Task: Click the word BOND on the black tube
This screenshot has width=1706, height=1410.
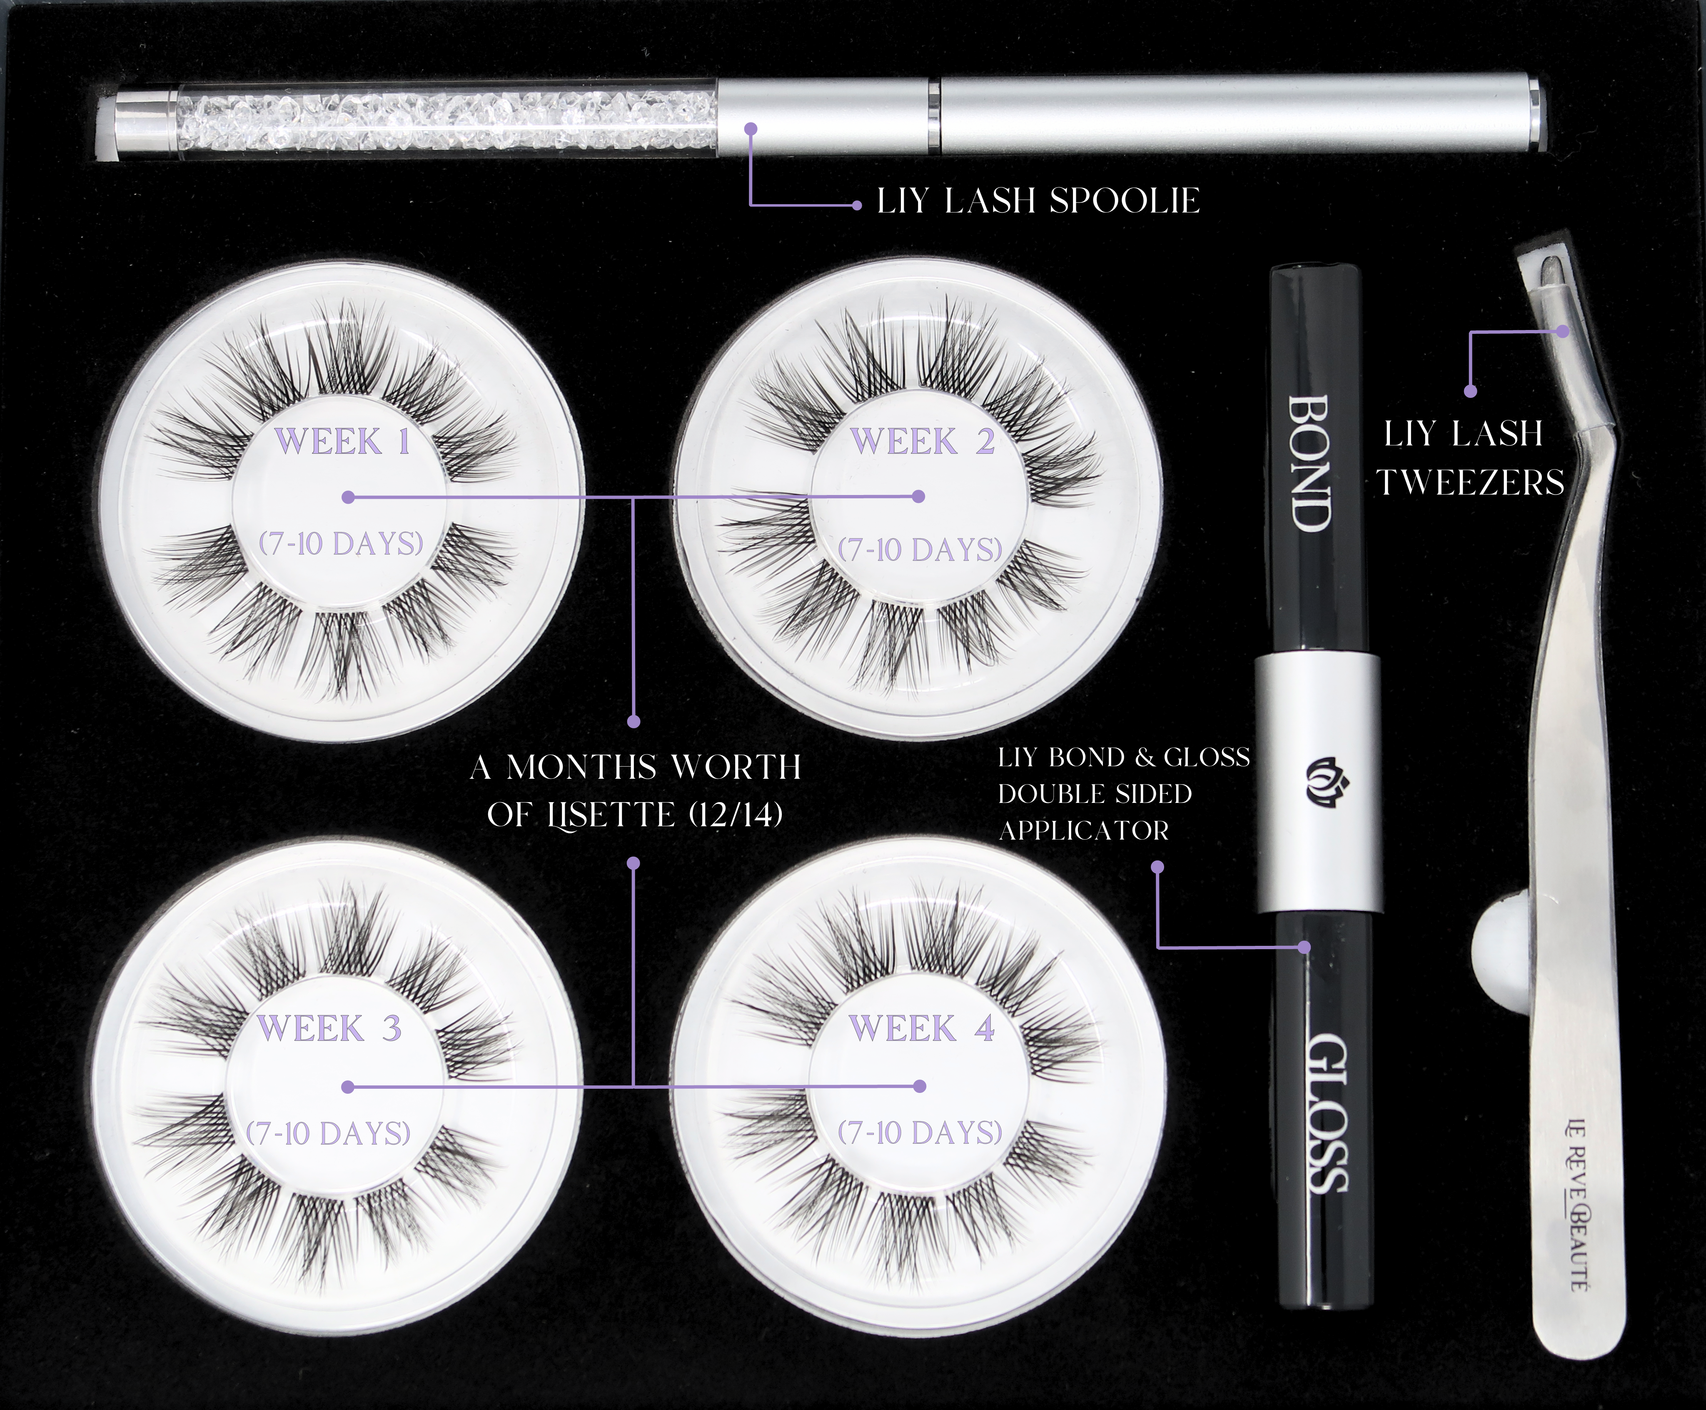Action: click(x=1309, y=463)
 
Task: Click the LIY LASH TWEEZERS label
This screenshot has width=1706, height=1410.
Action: click(x=1472, y=458)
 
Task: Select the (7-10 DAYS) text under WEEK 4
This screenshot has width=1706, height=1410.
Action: click(x=920, y=1131)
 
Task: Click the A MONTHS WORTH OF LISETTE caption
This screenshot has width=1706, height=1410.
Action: click(x=636, y=790)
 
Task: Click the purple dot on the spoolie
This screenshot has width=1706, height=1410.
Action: click(x=751, y=128)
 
